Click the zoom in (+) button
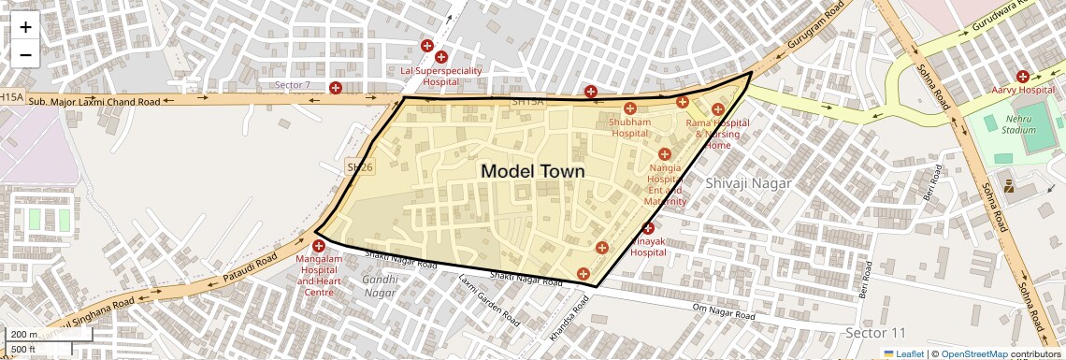25,27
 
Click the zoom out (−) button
25,55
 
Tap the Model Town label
532,171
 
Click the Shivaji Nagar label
749,182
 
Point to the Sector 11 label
875,333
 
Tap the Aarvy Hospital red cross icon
1023,76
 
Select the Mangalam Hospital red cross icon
318,245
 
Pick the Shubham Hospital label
629,128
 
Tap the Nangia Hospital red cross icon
665,153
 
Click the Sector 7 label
292,85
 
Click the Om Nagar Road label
723,313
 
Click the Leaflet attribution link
903,353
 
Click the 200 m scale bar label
24,335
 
